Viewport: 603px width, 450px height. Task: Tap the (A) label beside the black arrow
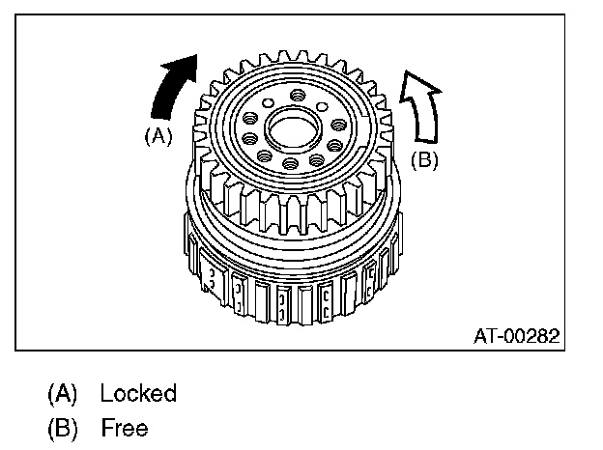coord(158,136)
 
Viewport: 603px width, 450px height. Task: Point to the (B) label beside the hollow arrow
coord(424,160)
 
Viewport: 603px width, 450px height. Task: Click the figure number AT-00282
coord(517,337)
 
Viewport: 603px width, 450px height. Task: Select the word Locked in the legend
coord(138,393)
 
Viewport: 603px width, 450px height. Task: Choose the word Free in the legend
coord(124,426)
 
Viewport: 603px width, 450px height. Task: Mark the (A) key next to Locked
coord(61,393)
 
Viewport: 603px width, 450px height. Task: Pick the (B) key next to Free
coord(61,426)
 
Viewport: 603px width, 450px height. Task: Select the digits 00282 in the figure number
coord(532,337)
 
